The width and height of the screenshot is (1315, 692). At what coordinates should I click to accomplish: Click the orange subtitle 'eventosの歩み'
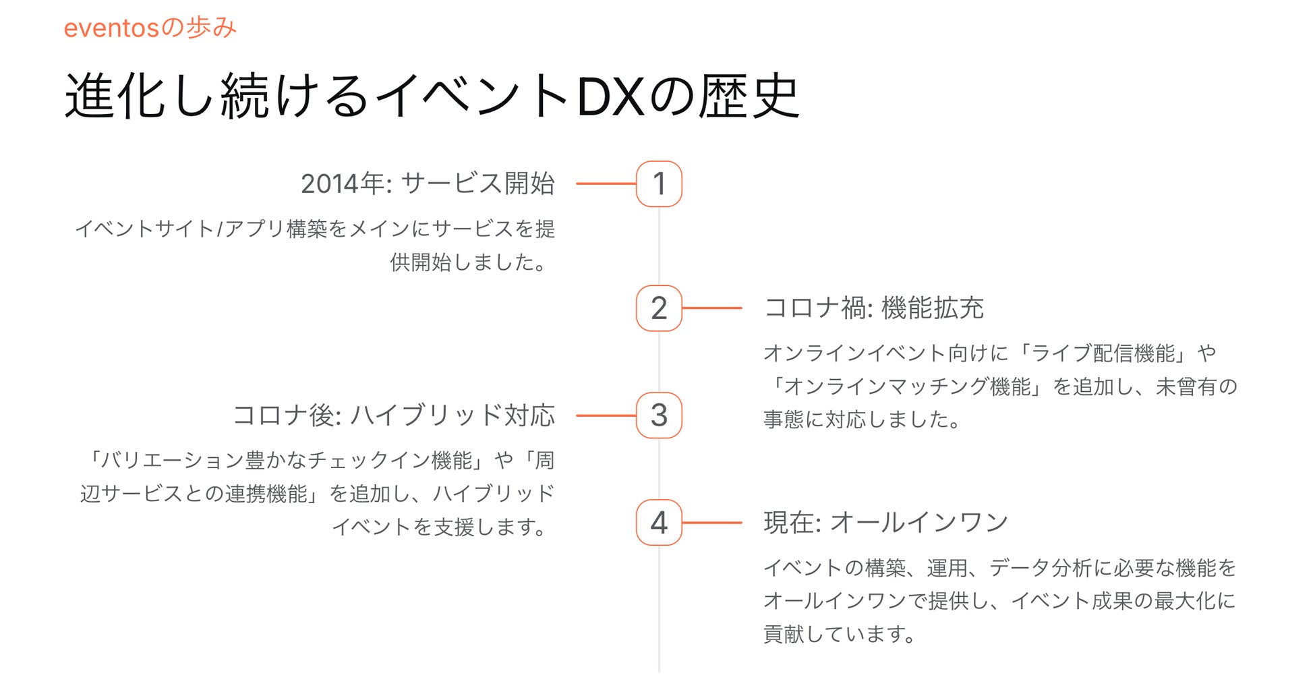[x=150, y=28]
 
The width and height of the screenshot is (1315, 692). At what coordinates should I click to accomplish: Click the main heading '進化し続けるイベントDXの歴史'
[x=432, y=96]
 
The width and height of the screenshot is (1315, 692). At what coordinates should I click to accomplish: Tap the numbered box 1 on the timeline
[x=659, y=183]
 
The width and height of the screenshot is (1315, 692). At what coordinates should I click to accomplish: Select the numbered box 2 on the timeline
[x=659, y=308]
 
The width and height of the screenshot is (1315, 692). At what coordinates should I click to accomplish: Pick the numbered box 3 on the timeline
[x=659, y=415]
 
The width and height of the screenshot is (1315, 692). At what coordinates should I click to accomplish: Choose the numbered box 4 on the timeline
[x=659, y=523]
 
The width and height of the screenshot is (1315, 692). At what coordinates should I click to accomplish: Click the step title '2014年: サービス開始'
[x=428, y=183]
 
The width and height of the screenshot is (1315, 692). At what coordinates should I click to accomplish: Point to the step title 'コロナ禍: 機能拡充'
[x=874, y=308]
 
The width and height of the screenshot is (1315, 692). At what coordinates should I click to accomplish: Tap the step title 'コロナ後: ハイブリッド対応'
[x=394, y=415]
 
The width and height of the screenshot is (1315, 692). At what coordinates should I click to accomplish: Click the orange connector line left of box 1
[x=606, y=183]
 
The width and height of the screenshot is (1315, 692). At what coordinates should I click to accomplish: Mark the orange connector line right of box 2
[x=712, y=308]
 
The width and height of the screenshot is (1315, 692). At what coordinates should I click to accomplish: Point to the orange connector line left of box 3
[x=606, y=415]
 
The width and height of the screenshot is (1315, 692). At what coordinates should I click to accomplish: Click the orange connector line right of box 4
[x=712, y=523]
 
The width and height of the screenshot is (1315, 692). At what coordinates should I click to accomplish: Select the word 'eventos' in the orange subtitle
[x=111, y=28]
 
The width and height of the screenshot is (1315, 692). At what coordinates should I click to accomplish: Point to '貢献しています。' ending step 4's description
[x=840, y=634]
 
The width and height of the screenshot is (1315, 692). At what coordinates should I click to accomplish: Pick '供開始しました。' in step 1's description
[x=469, y=262]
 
